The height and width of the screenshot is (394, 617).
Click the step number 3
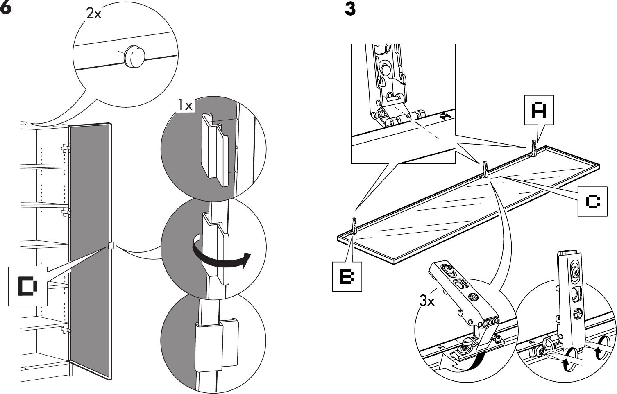[x=350, y=9]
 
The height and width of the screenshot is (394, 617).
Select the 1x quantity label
[x=185, y=106]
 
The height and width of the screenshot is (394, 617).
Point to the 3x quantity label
[x=426, y=302]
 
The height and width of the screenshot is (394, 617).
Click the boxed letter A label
[x=539, y=110]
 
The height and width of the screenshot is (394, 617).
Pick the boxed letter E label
[x=347, y=276]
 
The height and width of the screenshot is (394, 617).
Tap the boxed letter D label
[x=28, y=285]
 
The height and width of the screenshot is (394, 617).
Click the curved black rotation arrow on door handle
[x=221, y=255]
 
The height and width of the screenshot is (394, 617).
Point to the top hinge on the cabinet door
[x=66, y=148]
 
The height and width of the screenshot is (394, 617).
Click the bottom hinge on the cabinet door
[x=66, y=330]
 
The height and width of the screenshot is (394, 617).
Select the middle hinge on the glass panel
[x=485, y=169]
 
